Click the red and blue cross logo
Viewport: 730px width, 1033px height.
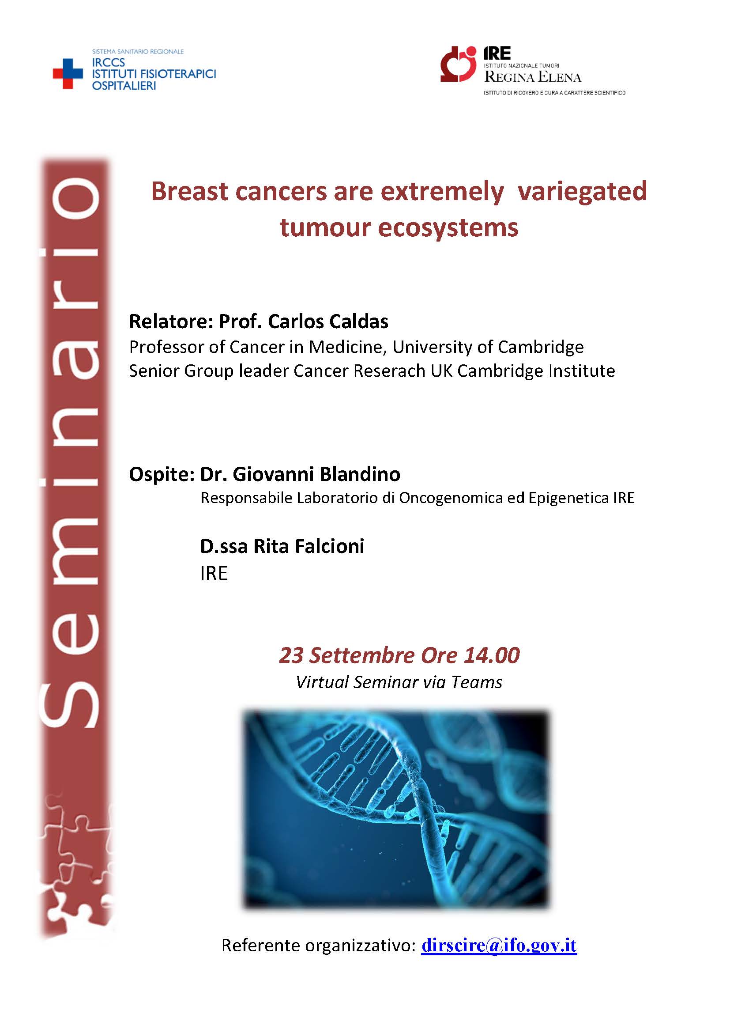tap(68, 74)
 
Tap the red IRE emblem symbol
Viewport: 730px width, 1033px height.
tap(458, 64)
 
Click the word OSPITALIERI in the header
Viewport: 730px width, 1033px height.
tap(124, 86)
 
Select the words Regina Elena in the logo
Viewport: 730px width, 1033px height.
tap(533, 77)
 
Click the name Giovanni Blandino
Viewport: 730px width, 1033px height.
tap(316, 474)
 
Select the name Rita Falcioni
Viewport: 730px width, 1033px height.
tap(309, 546)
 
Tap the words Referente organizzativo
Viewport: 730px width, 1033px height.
tap(317, 946)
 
